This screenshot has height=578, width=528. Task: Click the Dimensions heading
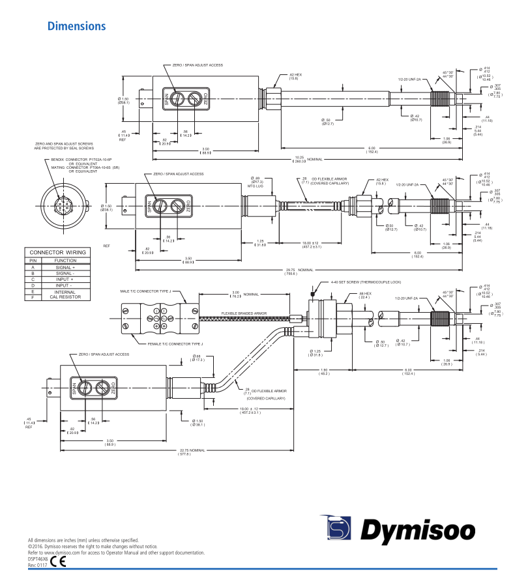point(76,27)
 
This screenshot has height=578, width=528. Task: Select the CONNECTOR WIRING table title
point(57,252)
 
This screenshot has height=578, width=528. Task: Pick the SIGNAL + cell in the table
point(65,267)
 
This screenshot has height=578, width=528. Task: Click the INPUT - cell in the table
point(65,285)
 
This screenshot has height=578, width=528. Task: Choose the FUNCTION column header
point(65,260)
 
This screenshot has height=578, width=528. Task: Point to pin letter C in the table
point(33,279)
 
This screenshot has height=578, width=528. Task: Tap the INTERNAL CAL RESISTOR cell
point(65,294)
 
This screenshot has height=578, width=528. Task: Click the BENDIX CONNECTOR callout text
point(81,160)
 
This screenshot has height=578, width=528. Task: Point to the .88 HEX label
point(366,294)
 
